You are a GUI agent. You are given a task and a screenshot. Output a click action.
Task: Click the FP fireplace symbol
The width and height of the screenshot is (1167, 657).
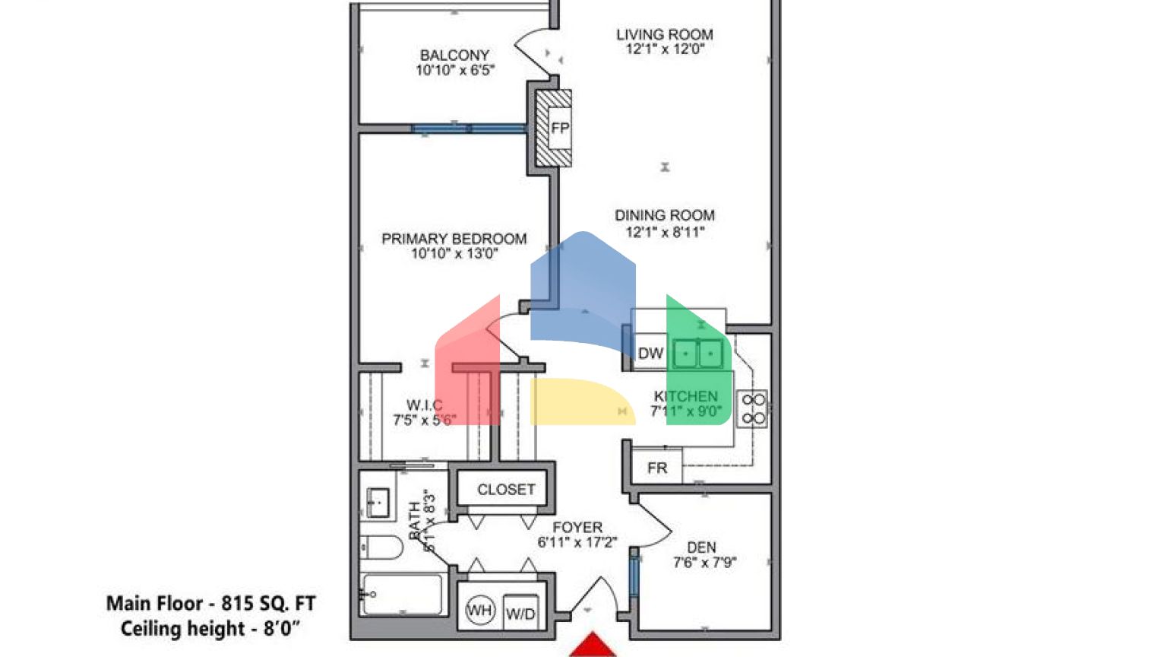pos(559,128)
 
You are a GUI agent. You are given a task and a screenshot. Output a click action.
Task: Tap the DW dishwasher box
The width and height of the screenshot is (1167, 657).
pos(650,354)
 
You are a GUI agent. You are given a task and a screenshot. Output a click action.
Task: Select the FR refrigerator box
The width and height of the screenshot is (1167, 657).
pos(657,468)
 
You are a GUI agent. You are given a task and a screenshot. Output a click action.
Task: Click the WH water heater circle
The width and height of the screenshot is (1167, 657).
pos(479,611)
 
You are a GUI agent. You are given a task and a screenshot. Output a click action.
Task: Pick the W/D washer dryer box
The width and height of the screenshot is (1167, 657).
pos(520,613)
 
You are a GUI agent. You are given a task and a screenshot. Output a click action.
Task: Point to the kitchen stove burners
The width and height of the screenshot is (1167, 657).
pos(753,409)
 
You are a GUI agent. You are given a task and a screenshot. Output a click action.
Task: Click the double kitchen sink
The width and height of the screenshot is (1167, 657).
pos(697,354)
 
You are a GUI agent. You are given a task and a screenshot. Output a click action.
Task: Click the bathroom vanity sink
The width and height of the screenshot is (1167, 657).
pos(378,502)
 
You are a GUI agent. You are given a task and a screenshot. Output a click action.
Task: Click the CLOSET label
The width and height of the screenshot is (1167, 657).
pos(506,490)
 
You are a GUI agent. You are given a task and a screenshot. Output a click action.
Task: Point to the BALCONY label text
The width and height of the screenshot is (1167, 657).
pos(454,56)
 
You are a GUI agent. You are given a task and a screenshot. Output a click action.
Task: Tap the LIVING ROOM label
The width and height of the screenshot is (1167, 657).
pos(664,34)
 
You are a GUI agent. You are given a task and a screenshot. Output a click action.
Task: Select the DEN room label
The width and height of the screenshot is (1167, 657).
pos(701,547)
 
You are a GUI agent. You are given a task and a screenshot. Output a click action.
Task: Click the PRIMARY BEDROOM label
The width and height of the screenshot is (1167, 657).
pos(454,239)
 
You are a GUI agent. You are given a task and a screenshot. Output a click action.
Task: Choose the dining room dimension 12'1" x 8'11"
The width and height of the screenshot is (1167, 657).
pos(664,232)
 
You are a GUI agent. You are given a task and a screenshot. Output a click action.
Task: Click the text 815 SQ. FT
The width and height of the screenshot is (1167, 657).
pos(268,604)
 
